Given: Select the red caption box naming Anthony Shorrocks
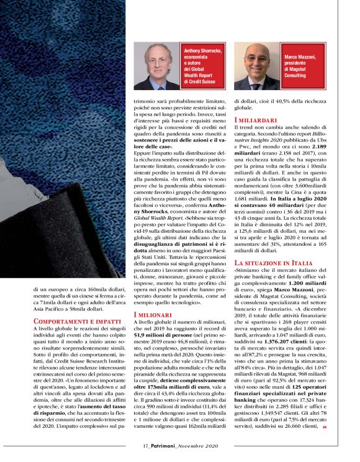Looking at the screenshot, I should (201, 65).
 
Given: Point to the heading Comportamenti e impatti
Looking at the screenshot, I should (68, 321).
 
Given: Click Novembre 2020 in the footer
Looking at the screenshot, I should (197, 446).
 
